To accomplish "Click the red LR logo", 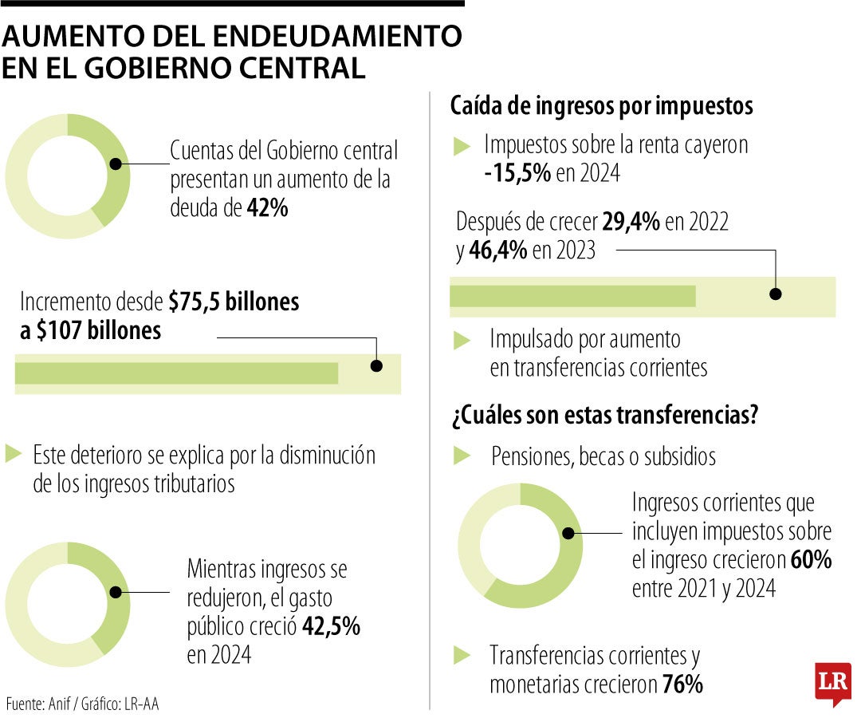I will pos(832,683).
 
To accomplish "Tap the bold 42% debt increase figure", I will pos(267,208).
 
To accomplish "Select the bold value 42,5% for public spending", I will pos(330,626).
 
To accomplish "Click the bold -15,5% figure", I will pos(517,173).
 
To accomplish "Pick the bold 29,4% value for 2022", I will pos(631,222).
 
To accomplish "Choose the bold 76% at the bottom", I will pos(682,684).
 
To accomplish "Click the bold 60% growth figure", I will pos(811,560).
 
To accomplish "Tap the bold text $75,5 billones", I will pos(234,302).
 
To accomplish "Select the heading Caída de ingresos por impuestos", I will pos(602,106).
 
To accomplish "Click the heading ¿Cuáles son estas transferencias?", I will pos(603,415).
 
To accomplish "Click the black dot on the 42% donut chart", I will pos(116,164).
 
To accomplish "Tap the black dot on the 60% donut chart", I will pos(568,534).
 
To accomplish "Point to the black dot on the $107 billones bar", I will pos(376,366).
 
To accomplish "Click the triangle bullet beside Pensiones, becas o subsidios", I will pos(462,456).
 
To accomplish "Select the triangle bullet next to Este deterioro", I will pos(14,455).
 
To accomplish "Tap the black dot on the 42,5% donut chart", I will pos(116,592).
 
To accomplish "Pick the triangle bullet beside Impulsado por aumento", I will pos(462,340).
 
